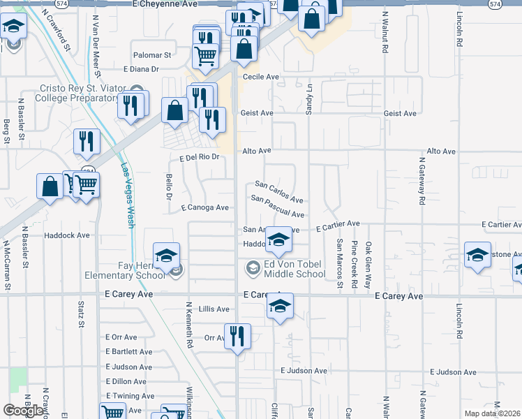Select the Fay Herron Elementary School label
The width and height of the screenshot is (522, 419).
(132, 270)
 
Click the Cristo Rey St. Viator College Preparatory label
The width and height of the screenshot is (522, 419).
(70, 94)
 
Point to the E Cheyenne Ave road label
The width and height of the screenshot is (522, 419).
(170, 4)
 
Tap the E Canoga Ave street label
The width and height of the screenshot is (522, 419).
(204, 208)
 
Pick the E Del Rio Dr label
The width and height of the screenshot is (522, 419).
(200, 157)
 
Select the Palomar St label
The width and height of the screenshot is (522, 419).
(153, 55)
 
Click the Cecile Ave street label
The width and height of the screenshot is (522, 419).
(260, 77)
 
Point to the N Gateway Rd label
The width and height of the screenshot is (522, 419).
(422, 180)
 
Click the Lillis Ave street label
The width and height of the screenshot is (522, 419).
(214, 309)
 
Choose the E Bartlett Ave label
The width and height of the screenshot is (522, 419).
(128, 352)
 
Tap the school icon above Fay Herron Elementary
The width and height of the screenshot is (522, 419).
(167, 256)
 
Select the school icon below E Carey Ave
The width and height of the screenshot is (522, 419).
(280, 306)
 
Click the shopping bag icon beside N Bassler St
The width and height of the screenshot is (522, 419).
(50, 186)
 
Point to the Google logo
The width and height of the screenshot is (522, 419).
(23, 411)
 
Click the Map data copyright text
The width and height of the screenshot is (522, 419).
(493, 413)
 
